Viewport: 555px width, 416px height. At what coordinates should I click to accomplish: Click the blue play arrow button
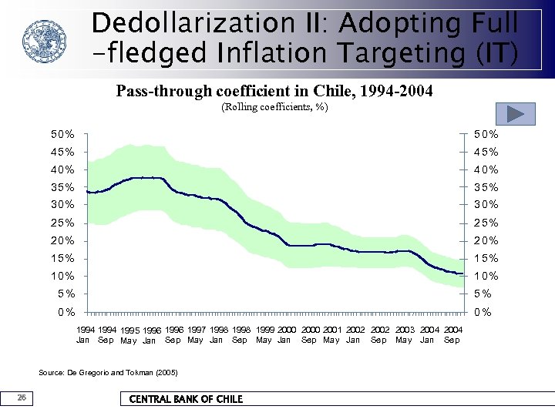tap(516, 114)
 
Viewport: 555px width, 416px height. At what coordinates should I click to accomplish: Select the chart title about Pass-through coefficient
tap(274, 91)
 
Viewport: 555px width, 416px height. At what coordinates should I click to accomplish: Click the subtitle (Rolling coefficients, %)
tap(274, 107)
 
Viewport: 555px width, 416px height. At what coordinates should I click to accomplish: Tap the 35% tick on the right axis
tap(486, 187)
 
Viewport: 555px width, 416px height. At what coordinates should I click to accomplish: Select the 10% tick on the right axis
tap(486, 276)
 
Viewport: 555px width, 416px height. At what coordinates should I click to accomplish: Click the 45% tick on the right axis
tap(486, 152)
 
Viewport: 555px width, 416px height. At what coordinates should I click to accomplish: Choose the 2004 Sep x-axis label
tap(452, 334)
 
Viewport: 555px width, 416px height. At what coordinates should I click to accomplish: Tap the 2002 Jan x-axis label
tap(355, 334)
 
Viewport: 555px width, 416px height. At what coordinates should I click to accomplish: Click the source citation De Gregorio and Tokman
tap(108, 373)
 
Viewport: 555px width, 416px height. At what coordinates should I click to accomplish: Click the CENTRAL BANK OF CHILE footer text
tap(186, 399)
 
